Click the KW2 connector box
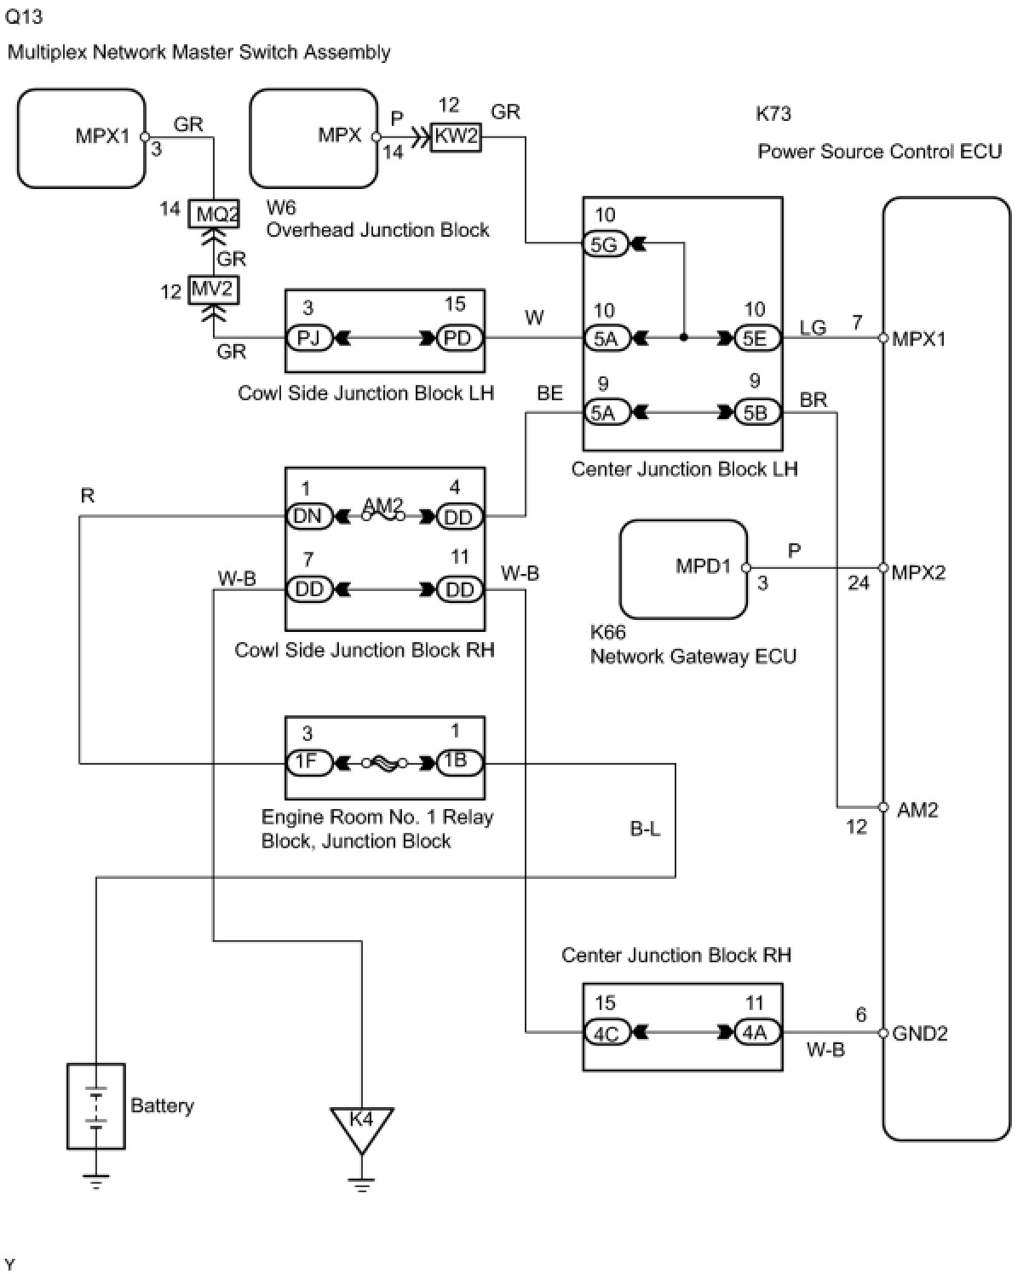[x=456, y=137]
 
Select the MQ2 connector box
[x=214, y=214]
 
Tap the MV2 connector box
[x=214, y=290]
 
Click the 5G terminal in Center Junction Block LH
[x=606, y=244]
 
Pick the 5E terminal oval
[x=757, y=339]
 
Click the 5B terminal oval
[x=757, y=413]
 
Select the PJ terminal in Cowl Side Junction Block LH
[x=308, y=339]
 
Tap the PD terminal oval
[x=459, y=339]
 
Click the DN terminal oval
[x=308, y=516]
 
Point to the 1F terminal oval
[x=308, y=762]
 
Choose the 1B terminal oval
[x=459, y=762]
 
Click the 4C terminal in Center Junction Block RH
[x=606, y=1032]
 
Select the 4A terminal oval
[x=757, y=1032]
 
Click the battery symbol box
[x=95, y=1106]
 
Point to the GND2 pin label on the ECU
[x=919, y=1034]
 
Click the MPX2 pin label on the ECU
[x=918, y=572]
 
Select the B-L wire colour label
[x=645, y=829]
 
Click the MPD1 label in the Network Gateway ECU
[x=703, y=565]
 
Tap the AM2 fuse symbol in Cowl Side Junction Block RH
[x=382, y=514]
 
